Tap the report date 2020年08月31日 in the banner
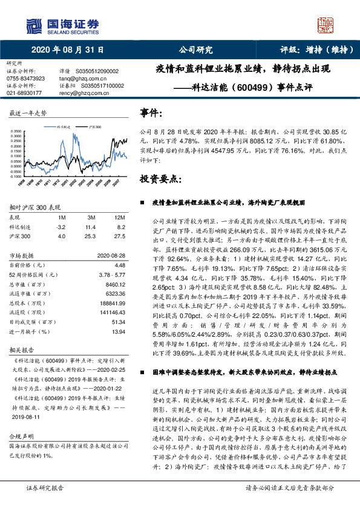[x=68, y=50]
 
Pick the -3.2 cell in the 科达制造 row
[x=60, y=226]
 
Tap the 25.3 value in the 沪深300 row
[x=93, y=236]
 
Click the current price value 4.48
[x=119, y=265]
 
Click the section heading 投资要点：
[x=160, y=179]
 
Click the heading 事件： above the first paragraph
[x=150, y=113]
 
